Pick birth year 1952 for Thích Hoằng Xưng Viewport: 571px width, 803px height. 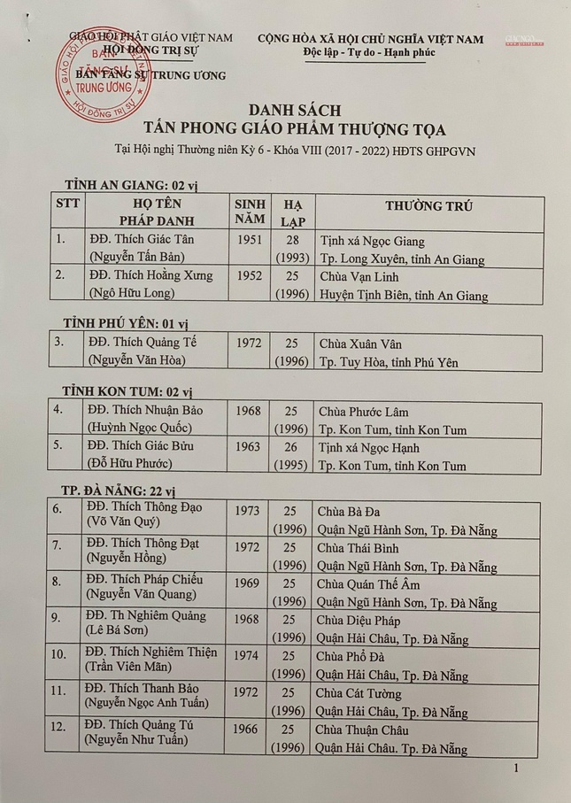(250, 275)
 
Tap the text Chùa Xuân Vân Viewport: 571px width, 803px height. (355, 343)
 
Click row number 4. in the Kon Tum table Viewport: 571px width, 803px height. (58, 410)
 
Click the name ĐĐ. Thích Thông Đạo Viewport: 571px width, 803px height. (144, 506)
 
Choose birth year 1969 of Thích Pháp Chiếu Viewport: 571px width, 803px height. (249, 583)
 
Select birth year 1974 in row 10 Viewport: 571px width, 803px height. (249, 657)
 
